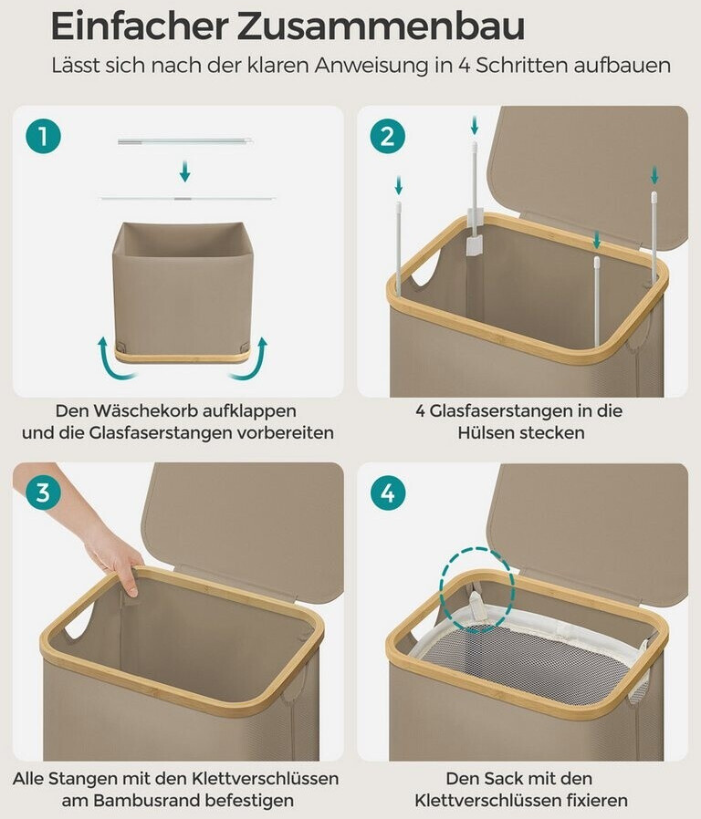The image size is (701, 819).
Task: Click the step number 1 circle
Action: point(44,136)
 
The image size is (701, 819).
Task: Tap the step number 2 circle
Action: point(388,136)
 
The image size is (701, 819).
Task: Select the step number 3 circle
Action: point(44,492)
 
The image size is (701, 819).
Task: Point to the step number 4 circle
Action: point(388,492)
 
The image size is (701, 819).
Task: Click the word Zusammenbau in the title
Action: point(382,26)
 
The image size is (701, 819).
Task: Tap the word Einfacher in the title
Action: point(140,26)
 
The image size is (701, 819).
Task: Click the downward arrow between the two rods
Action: point(184,171)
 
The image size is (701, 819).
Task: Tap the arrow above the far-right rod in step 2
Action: point(654,175)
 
